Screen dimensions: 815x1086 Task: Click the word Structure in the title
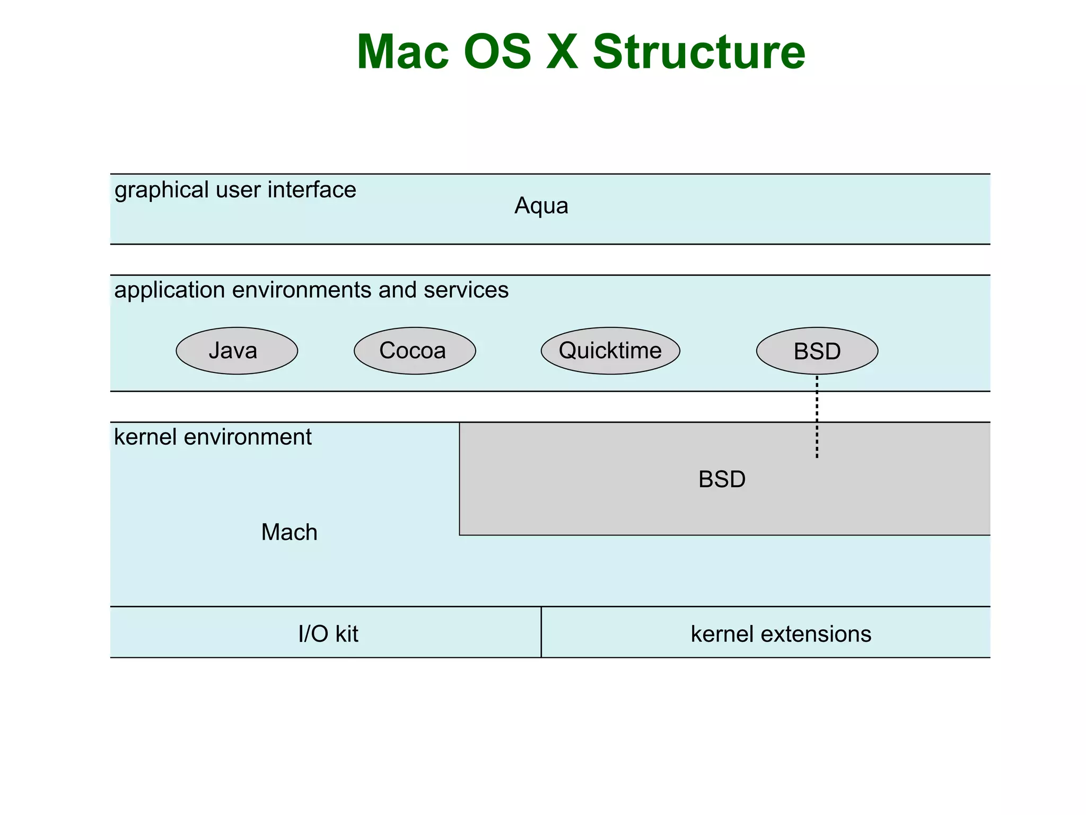[698, 52]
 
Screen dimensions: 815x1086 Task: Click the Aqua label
[541, 206]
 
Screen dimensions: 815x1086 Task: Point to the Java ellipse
[237, 351]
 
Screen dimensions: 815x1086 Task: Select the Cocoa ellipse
[415, 351]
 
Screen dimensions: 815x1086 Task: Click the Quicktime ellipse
[610, 351]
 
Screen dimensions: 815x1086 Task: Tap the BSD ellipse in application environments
[817, 351]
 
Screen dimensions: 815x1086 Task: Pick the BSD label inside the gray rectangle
[722, 480]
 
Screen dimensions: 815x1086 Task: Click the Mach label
[289, 532]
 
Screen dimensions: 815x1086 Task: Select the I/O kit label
[328, 634]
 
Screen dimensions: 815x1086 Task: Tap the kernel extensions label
[781, 634]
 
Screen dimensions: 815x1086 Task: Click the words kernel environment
[213, 437]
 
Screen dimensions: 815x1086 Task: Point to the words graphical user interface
[235, 190]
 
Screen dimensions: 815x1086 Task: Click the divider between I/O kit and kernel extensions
[541, 632]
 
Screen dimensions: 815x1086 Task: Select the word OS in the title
[497, 52]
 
